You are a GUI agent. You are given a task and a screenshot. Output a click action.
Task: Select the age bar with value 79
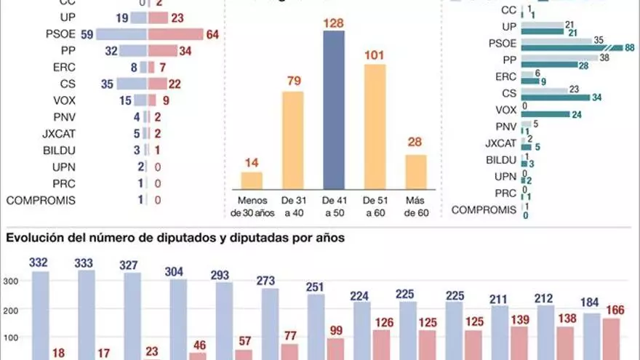[292, 138]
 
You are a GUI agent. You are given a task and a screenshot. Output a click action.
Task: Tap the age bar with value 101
[375, 125]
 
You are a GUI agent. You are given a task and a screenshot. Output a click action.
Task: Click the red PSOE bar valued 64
[175, 35]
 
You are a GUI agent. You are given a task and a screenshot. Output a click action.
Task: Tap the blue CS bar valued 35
[132, 84]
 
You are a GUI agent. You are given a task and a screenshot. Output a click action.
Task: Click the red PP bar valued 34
[162, 51]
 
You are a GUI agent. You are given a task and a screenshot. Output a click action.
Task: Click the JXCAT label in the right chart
[500, 143]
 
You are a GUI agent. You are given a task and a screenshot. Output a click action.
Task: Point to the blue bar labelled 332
[41, 314]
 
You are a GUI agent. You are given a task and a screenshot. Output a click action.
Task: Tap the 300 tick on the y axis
[12, 281]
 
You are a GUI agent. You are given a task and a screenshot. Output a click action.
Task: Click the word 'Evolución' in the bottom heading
[32, 237]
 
